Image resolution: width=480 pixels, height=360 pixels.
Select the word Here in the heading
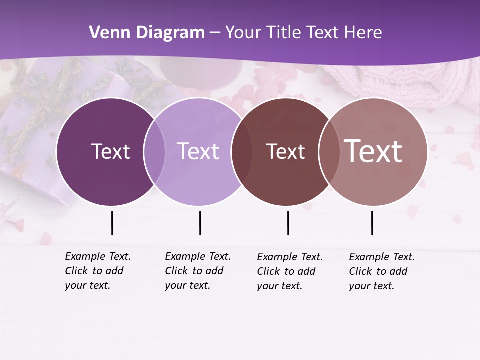click(362, 32)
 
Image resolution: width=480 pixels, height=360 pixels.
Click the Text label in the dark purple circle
click(110, 151)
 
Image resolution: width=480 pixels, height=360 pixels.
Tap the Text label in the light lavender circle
click(198, 151)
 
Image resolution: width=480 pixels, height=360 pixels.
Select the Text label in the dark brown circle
click(285, 151)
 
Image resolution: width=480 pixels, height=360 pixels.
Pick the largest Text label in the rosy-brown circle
click(373, 151)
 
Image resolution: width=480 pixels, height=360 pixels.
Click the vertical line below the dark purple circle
click(112, 223)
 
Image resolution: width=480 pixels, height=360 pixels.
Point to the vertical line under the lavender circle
click(200, 223)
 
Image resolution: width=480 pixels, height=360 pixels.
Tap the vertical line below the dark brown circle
click(288, 223)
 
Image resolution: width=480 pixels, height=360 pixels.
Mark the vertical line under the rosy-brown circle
click(372, 223)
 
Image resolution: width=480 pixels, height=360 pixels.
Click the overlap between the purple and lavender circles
click(154, 152)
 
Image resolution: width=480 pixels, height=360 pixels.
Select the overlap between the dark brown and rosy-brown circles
click(329, 152)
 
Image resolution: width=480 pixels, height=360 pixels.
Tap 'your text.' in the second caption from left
click(187, 286)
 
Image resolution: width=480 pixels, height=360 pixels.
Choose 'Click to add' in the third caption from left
click(286, 271)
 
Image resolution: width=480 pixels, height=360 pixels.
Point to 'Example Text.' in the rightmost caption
click(382, 257)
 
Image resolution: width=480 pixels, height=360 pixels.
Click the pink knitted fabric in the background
click(400, 82)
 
